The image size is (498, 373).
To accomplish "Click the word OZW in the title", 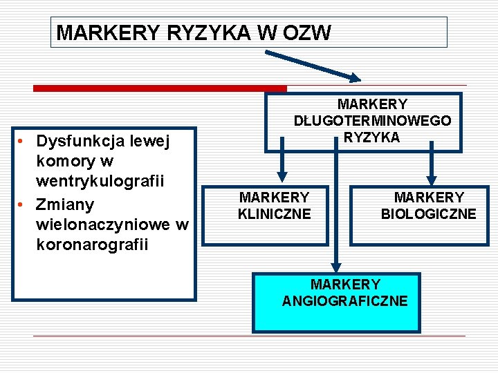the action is pos(307,32).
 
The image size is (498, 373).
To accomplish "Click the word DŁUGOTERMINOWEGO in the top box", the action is pos(373,121).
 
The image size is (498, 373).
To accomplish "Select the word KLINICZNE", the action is pos(275,214).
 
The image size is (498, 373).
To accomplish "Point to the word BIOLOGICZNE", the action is pos(428,214).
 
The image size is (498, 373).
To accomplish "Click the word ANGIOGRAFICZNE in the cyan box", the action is pos(345,301).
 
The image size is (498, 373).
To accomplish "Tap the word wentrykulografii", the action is pos(100,181).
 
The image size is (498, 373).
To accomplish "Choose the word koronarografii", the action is pos(92,245).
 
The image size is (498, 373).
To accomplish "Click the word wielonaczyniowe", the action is pos(103,224).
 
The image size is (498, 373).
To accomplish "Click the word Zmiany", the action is pos(65,205).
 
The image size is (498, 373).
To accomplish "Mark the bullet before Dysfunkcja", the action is pos(20,141).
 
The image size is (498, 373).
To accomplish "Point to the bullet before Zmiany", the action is pos(20,204).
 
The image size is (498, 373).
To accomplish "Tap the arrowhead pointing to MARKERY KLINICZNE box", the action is pos(282,177).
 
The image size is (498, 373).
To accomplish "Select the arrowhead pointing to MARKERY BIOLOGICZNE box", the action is pos(432,180).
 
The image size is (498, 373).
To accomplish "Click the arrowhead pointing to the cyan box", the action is pos(336,267).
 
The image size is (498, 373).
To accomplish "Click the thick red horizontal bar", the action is pos(160,88).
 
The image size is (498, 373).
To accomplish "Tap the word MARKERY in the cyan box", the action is pos(345,285).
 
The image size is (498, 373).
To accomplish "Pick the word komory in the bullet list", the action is pos(66,162).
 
